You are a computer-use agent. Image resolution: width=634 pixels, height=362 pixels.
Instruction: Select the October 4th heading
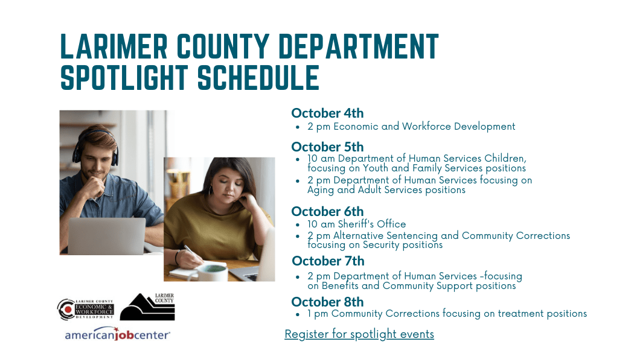[x=327, y=113]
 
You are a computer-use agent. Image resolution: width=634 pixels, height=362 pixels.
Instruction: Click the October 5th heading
[x=327, y=147]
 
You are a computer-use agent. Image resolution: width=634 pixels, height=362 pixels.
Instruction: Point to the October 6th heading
[x=327, y=211]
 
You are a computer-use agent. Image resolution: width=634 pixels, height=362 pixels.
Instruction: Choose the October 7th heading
[x=328, y=261]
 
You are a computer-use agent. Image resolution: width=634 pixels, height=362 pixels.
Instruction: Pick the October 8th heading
[x=327, y=302]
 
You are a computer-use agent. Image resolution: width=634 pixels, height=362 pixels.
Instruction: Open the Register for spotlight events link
[x=359, y=334]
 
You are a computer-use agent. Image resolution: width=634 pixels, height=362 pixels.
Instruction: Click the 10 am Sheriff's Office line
[x=356, y=224]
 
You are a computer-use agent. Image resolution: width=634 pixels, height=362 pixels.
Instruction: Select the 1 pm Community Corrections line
[x=447, y=314]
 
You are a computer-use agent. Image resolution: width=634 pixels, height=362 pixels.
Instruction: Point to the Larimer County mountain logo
[x=147, y=306]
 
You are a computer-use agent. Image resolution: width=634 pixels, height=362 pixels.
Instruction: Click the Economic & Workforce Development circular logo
[x=85, y=309]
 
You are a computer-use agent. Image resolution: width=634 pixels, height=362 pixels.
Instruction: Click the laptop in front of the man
[x=106, y=236]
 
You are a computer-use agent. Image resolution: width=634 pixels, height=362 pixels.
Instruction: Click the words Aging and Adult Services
[x=363, y=190]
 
